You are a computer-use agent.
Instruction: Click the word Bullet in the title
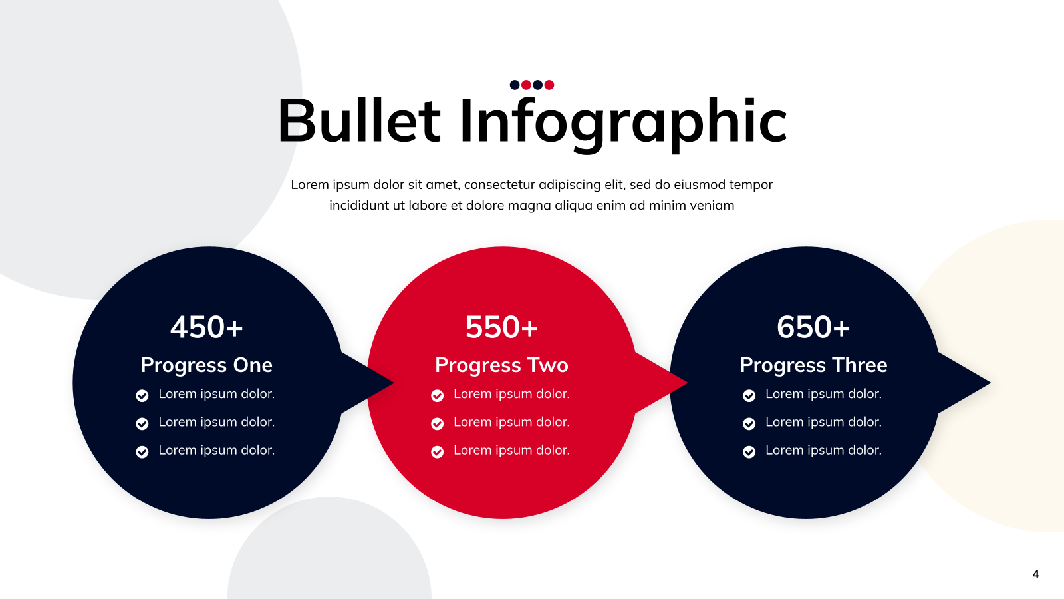pyautogui.click(x=359, y=120)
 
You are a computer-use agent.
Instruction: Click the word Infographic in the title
pyautogui.click(x=623, y=124)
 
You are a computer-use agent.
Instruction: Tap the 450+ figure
pyautogui.click(x=207, y=327)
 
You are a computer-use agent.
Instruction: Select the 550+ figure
pyautogui.click(x=501, y=327)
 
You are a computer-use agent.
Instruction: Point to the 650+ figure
pyautogui.click(x=813, y=327)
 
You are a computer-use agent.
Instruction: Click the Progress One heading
pyautogui.click(x=207, y=365)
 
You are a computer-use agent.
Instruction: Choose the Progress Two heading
pyautogui.click(x=501, y=365)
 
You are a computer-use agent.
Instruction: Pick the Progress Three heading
pyautogui.click(x=813, y=365)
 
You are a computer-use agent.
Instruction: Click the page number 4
pyautogui.click(x=1035, y=574)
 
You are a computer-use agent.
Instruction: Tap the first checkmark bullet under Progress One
pyautogui.click(x=142, y=395)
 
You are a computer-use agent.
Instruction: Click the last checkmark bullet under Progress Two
pyautogui.click(x=437, y=452)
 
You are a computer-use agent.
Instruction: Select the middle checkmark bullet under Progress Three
pyautogui.click(x=749, y=423)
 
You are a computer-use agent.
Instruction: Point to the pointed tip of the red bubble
pyautogui.click(x=688, y=382)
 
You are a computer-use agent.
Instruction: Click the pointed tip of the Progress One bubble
pyautogui.click(x=394, y=382)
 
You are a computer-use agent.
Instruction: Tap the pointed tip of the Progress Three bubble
pyautogui.click(x=990, y=382)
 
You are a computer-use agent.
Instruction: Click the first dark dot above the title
pyautogui.click(x=515, y=85)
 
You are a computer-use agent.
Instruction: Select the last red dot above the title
pyautogui.click(x=549, y=85)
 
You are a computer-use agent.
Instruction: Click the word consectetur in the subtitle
pyautogui.click(x=499, y=184)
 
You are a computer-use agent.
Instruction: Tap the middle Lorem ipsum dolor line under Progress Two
pyautogui.click(x=511, y=422)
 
